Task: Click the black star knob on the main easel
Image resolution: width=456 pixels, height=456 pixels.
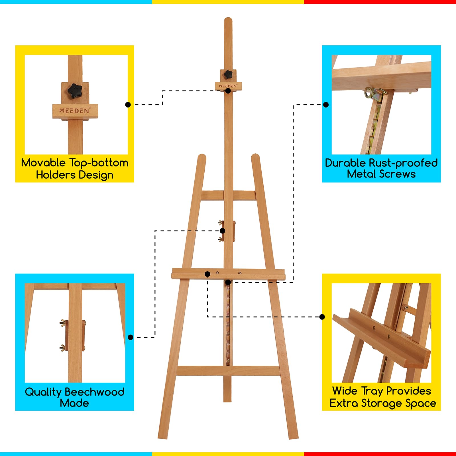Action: click(x=228, y=75)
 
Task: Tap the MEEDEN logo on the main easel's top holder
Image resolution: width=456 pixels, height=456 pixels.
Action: click(x=228, y=86)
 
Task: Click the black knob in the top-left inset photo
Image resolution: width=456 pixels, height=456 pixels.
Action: click(x=75, y=91)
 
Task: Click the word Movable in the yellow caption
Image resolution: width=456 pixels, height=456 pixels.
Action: click(x=43, y=163)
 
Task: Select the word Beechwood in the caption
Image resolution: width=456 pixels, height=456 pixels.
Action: click(x=95, y=392)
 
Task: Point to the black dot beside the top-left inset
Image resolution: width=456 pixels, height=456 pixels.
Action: click(x=128, y=105)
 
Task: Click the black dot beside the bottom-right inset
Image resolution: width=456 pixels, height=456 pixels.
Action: click(x=322, y=317)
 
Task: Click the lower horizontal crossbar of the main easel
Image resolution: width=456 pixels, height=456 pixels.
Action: click(x=229, y=370)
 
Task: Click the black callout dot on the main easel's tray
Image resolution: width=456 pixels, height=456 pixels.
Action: click(x=207, y=274)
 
